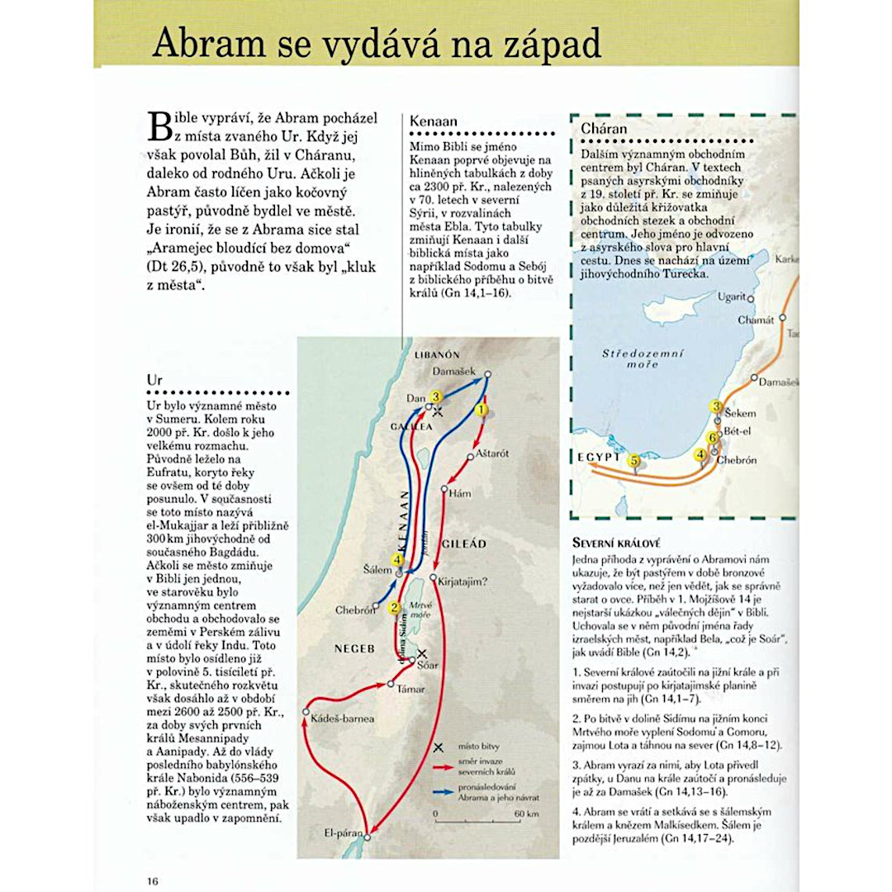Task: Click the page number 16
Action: click(153, 880)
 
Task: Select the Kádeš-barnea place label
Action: click(343, 719)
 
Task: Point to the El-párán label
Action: click(343, 833)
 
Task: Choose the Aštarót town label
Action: click(492, 454)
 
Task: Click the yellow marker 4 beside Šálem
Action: click(398, 562)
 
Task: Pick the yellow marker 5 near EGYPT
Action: click(634, 461)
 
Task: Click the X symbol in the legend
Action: click(439, 747)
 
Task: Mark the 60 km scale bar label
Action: click(526, 814)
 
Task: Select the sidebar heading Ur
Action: click(154, 380)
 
